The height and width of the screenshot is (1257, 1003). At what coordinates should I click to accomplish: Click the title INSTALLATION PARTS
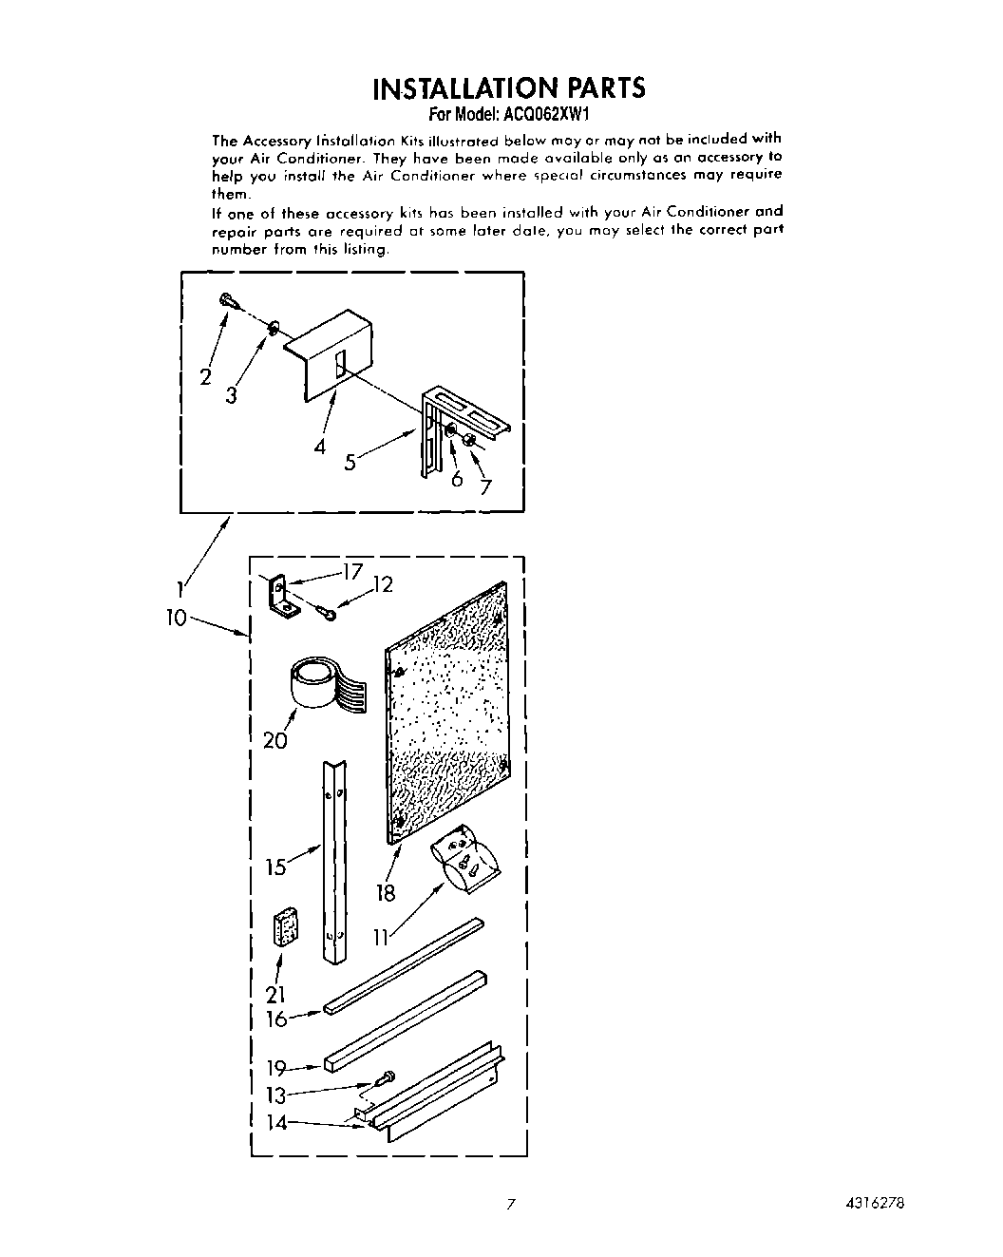[x=508, y=88]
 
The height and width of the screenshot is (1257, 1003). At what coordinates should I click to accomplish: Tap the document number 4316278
[x=871, y=1200]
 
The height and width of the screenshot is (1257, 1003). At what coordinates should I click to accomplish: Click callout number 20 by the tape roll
[x=274, y=739]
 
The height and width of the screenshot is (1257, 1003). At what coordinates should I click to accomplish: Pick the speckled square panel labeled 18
[x=446, y=713]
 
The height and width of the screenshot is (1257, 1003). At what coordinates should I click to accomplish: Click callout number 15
[x=276, y=867]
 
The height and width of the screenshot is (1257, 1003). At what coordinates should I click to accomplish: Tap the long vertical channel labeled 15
[x=333, y=860]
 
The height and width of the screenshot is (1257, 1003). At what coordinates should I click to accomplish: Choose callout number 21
[x=276, y=994]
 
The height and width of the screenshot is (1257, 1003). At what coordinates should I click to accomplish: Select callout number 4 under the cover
[x=320, y=446]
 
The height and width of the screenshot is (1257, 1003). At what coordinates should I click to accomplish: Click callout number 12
[x=382, y=585]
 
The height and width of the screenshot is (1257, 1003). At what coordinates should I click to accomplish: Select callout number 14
[x=276, y=1122]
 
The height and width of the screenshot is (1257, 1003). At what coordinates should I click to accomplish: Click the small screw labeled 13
[x=387, y=1079]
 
